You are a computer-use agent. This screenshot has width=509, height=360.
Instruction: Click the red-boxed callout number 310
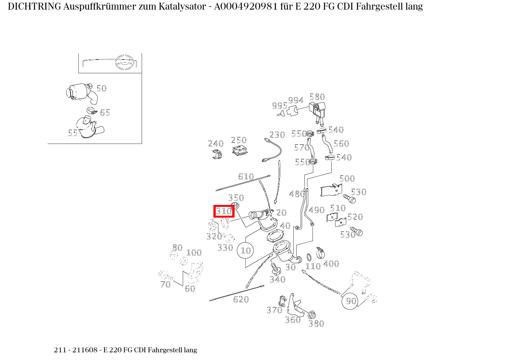pyautogui.click(x=224, y=211)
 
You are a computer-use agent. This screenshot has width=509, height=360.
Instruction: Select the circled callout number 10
pyautogui.click(x=246, y=251)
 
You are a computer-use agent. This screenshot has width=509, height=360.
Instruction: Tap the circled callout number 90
pyautogui.click(x=351, y=301)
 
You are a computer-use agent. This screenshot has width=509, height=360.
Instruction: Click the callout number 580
pyautogui.click(x=317, y=97)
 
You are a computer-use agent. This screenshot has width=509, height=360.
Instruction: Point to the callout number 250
pyautogui.click(x=239, y=140)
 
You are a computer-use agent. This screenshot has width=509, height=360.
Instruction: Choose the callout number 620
pyautogui.click(x=241, y=299)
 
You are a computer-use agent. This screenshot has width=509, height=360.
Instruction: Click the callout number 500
pyautogui.click(x=347, y=178)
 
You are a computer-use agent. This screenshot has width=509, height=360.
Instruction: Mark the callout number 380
pyautogui.click(x=316, y=324)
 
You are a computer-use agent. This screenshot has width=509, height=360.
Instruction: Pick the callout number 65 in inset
pyautogui.click(x=105, y=112)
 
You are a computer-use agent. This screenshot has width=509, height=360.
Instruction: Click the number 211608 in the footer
pyautogui.click(x=87, y=350)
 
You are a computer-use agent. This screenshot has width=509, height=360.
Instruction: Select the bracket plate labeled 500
pyautogui.click(x=331, y=191)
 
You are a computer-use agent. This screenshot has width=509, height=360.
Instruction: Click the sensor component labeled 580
pyautogui.click(x=318, y=111)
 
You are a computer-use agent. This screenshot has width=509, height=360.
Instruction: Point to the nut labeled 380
pyautogui.click(x=312, y=315)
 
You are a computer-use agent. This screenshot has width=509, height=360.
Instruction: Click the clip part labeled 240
pyautogui.click(x=217, y=155)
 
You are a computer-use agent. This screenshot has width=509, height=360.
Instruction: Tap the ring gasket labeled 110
pyautogui.click(x=309, y=257)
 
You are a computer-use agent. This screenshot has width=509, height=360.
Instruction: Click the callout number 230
pyautogui.click(x=277, y=135)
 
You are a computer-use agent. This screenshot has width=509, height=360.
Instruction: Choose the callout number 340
pyautogui.click(x=278, y=279)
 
